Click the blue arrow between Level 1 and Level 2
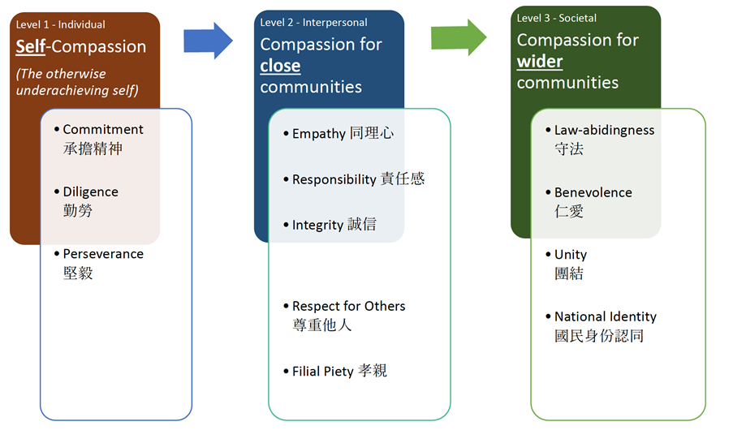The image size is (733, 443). [x=208, y=41]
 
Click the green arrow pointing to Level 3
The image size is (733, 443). [x=459, y=37]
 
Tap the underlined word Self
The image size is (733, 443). [x=31, y=47]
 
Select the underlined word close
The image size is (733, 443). [x=280, y=66]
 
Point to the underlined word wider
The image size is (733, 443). [x=540, y=62]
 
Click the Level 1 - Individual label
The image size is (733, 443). [x=60, y=25]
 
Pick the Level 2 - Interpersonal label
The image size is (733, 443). [x=313, y=23]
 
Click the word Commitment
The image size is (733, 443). [x=103, y=130]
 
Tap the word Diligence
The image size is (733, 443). [x=91, y=192]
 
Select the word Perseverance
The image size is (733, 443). [x=103, y=254]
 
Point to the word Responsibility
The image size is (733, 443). [x=334, y=179]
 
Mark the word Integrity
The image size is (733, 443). [x=318, y=226]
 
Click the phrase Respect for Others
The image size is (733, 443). [x=349, y=306]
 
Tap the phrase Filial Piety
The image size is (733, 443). [x=322, y=372]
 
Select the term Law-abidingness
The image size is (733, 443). [x=604, y=131]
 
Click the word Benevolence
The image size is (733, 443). [x=593, y=192]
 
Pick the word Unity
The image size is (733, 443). [x=571, y=255]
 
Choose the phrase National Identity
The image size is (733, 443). [x=606, y=316]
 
